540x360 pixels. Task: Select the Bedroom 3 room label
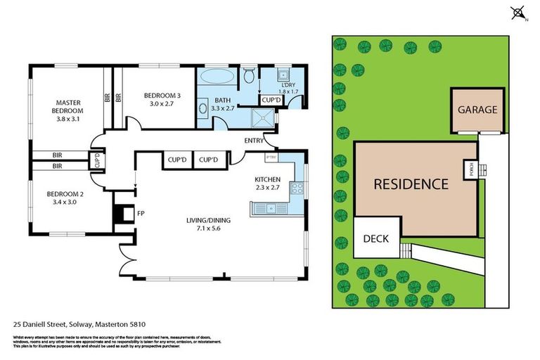[162, 99]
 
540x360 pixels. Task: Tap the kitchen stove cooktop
[297, 188]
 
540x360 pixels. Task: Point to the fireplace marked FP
[124, 213]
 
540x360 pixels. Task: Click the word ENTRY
[254, 141]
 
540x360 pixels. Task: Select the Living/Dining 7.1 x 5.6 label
[208, 224]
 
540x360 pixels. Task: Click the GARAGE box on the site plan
[477, 110]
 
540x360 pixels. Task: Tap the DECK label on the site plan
[375, 238]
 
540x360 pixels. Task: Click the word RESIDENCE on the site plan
[410, 184]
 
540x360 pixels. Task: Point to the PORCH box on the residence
[469, 169]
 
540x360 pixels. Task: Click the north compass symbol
[518, 13]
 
